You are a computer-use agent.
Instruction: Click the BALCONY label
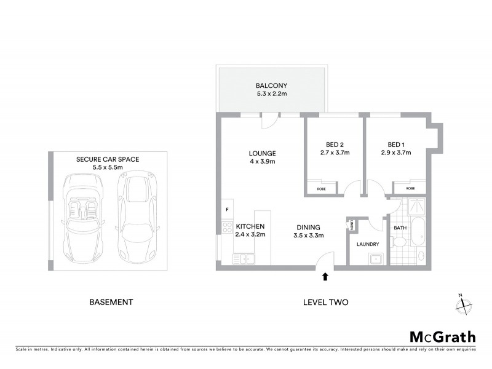(x=271, y=85)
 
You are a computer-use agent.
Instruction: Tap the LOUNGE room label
(x=262, y=153)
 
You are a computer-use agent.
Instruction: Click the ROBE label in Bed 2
(x=321, y=189)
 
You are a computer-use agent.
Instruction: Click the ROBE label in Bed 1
(x=410, y=189)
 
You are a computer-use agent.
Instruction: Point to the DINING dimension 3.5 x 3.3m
(x=308, y=235)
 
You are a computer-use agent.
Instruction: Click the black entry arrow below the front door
(x=325, y=278)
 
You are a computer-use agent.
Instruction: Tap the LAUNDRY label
(x=367, y=244)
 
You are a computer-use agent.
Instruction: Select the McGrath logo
(x=442, y=336)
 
